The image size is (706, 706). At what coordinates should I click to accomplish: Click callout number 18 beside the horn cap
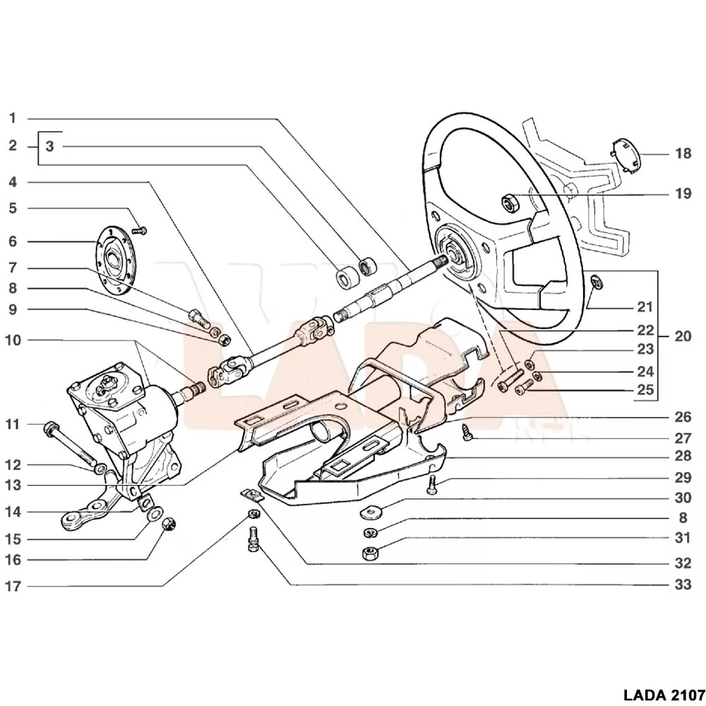click(x=683, y=153)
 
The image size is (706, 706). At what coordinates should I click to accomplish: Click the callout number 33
click(x=683, y=585)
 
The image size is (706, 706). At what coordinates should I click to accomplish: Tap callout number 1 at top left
click(x=13, y=118)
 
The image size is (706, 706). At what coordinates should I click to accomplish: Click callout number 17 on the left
click(x=13, y=586)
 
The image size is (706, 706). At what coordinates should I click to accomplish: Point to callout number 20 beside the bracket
click(x=683, y=336)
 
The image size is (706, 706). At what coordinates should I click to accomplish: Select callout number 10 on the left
click(x=13, y=340)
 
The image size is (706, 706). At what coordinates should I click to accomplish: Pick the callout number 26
click(x=683, y=417)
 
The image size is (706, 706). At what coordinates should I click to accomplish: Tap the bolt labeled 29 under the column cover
click(x=431, y=484)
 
